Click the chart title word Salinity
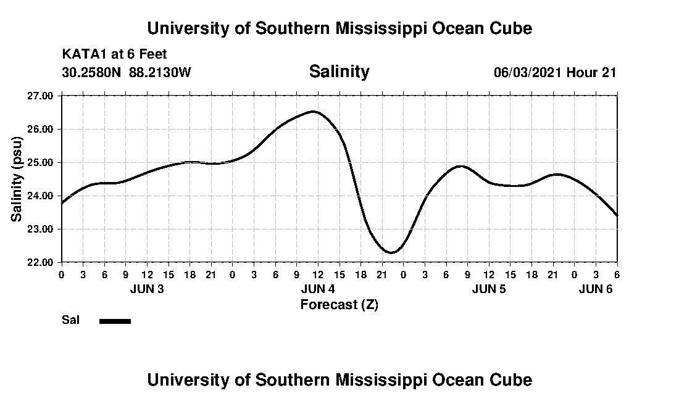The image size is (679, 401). point(339,72)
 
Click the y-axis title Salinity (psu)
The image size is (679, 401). point(17,179)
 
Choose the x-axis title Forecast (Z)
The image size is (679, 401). point(339,304)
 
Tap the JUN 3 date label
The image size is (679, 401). point(147,289)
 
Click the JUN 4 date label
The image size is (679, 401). point(318,289)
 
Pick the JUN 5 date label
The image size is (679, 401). point(489,289)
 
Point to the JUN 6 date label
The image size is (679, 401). point(596,289)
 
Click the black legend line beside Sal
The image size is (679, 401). point(115,321)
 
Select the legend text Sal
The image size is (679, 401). point(70,320)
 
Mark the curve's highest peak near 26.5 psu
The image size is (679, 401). point(314,112)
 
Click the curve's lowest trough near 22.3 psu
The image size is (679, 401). point(391,252)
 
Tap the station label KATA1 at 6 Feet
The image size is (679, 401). point(114,54)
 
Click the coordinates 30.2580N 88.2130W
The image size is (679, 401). point(127,72)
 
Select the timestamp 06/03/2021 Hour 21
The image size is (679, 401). point(554,72)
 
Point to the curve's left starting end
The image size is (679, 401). point(62,202)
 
